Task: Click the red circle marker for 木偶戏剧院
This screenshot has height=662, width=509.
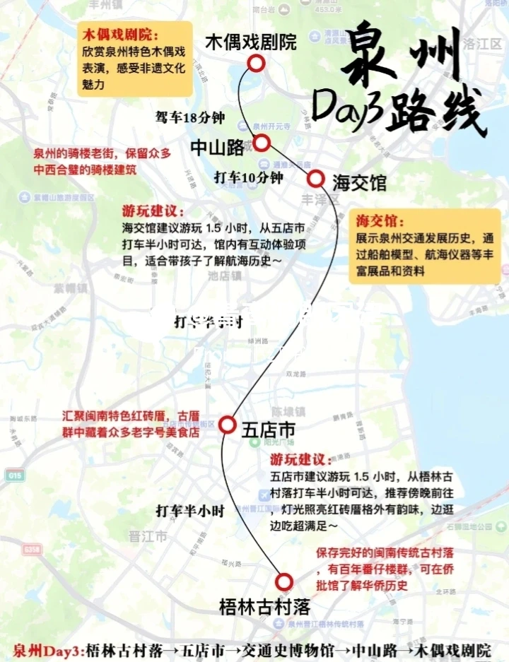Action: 256,64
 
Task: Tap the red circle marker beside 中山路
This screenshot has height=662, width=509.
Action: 262,143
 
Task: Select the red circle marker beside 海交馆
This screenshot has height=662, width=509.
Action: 315,178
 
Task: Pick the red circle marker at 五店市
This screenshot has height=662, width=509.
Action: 227,425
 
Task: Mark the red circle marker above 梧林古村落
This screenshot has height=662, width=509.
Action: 284,581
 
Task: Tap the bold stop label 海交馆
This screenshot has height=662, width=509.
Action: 360,183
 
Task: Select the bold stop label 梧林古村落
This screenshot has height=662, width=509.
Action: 265,606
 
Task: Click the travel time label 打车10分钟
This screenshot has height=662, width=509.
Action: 248,178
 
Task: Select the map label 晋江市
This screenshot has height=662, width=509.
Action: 148,537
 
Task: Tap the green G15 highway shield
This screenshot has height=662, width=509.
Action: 13,476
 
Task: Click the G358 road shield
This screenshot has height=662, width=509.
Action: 31,549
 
